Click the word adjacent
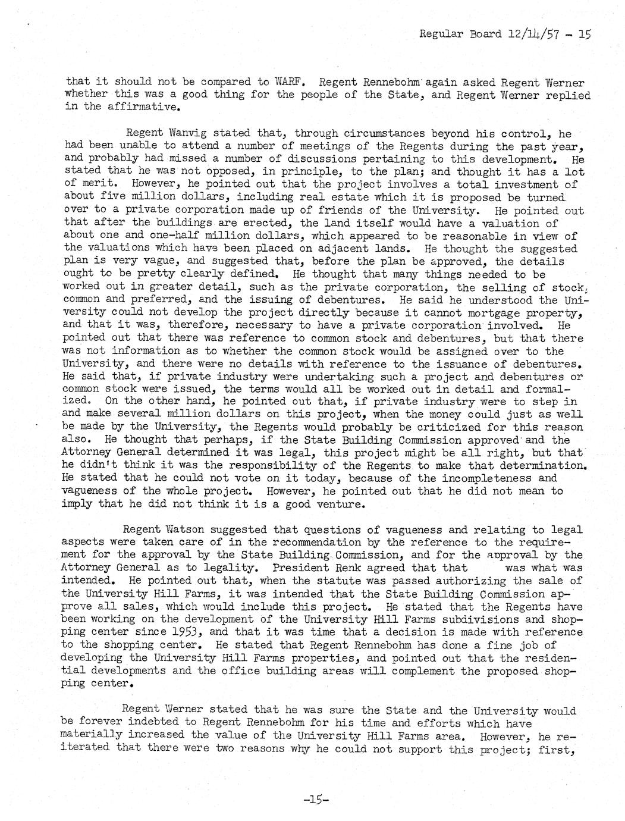pos(368,249)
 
